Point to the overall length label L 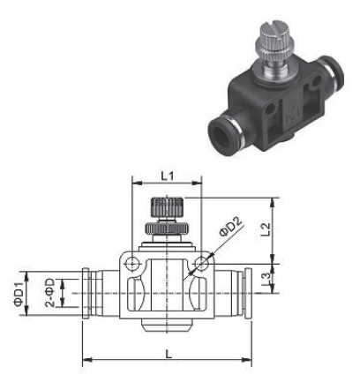point(169,352)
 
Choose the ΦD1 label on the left point(19,290)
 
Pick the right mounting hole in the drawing point(203,264)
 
